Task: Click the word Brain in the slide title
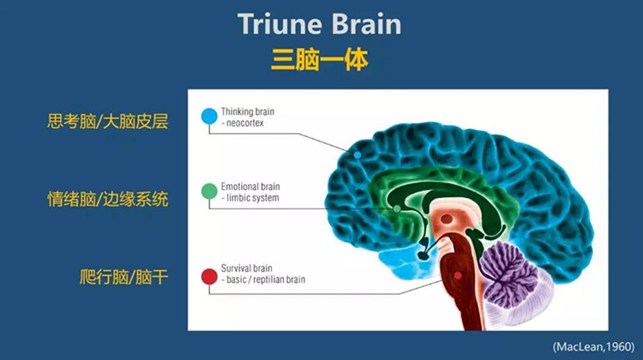tap(366, 24)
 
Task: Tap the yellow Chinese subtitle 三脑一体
tap(320, 60)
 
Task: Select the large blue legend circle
tap(209, 116)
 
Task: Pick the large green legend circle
tap(209, 191)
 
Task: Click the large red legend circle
tap(209, 277)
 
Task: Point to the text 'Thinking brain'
tap(248, 111)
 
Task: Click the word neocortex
tap(245, 123)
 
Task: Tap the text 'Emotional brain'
tap(250, 187)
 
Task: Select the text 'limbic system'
tap(253, 198)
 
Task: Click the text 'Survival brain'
tap(246, 268)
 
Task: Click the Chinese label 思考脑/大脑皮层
tap(107, 122)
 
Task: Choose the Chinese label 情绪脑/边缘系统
tap(107, 199)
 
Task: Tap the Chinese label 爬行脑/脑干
tap(123, 277)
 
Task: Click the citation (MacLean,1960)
tap(593, 347)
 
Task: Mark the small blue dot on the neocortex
tap(358, 155)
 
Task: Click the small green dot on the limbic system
tap(397, 209)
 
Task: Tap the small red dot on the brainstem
tap(458, 276)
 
